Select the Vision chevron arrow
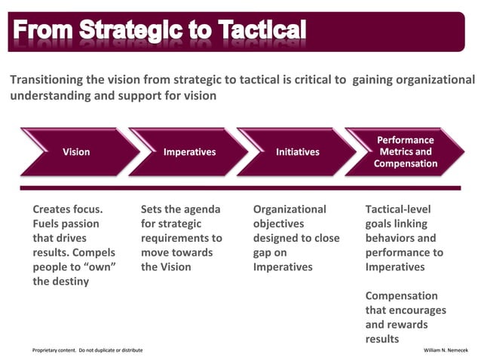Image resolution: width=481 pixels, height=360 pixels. [x=76, y=152]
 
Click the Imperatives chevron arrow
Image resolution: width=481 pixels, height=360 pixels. [x=189, y=152]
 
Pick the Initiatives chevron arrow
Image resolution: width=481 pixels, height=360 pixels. [x=297, y=152]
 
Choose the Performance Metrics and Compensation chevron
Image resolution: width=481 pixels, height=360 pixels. [x=405, y=152]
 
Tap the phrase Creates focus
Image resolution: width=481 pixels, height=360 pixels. [x=68, y=209]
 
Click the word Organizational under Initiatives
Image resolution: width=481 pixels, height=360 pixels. [x=290, y=209]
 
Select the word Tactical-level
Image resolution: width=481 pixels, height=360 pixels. [x=398, y=209]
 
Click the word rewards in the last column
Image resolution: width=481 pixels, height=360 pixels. [x=407, y=325]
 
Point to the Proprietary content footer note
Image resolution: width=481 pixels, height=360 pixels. [x=87, y=350]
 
